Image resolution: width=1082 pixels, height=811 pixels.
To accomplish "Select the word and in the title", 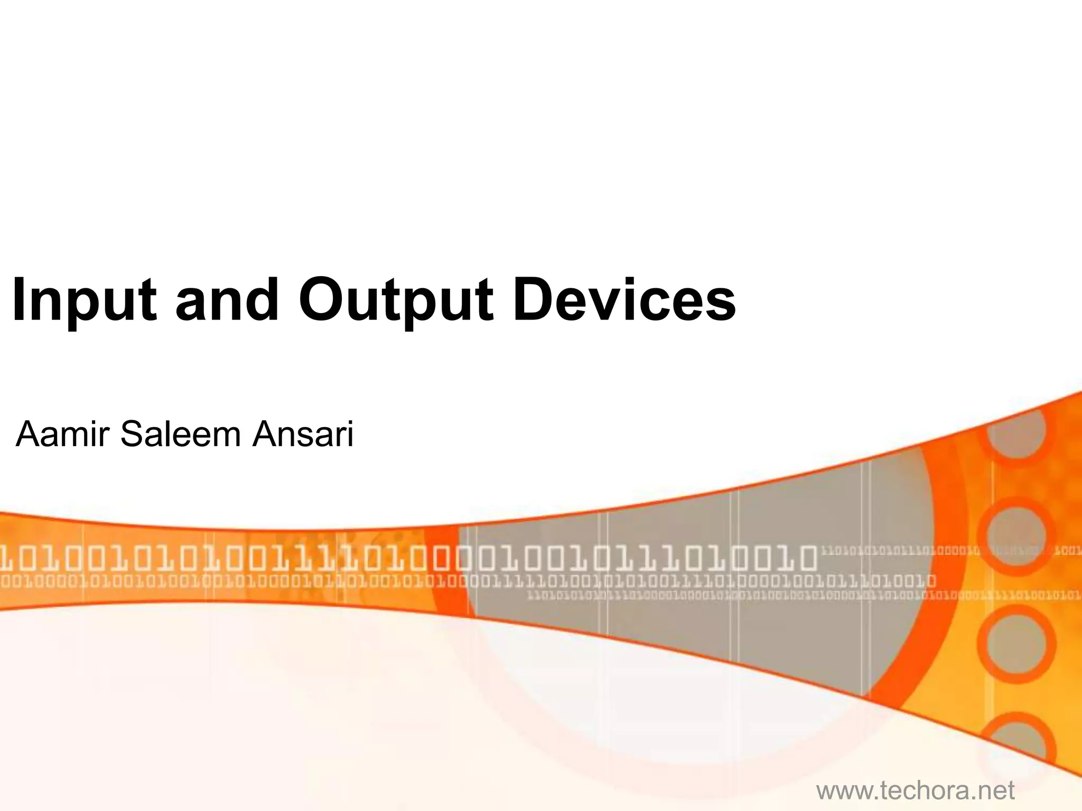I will tap(227, 300).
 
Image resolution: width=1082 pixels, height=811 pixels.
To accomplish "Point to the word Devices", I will tap(624, 300).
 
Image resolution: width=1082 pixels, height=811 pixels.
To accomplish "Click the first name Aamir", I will tap(62, 435).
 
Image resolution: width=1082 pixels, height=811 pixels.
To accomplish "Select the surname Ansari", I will tap(303, 435).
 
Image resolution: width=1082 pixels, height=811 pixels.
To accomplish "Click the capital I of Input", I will tap(18, 299).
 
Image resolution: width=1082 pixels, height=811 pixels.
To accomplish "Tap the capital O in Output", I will tap(321, 300).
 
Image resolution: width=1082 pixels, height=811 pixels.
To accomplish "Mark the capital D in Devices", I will tap(532, 299).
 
